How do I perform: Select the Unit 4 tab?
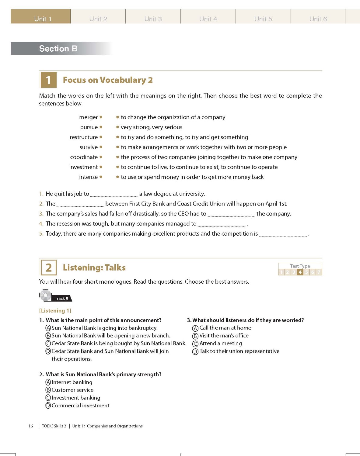click(x=208, y=18)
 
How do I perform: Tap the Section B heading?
click(x=58, y=49)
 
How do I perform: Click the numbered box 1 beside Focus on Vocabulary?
click(x=48, y=80)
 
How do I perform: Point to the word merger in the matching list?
click(x=88, y=117)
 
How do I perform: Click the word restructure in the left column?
click(x=84, y=137)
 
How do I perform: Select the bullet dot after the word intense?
click(x=101, y=177)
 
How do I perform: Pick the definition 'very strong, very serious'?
click(x=152, y=127)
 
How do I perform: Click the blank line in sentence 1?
click(x=114, y=195)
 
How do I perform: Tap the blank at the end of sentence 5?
click(x=283, y=234)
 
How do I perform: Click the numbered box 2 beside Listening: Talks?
click(x=49, y=268)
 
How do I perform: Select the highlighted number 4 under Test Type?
click(x=300, y=272)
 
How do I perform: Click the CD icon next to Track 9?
click(x=46, y=295)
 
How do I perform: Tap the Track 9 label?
click(x=61, y=299)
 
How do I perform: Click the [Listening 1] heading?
click(x=55, y=311)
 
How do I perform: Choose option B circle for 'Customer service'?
click(x=48, y=390)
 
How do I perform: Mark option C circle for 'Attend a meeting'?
click(x=195, y=344)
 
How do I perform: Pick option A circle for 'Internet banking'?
click(x=48, y=382)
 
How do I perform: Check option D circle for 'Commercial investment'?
click(x=48, y=406)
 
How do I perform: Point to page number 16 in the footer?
click(x=30, y=426)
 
